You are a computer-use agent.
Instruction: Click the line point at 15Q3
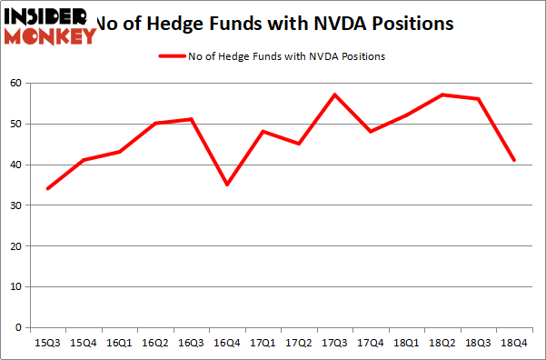[x=47, y=188]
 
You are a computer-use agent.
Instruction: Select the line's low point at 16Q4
[x=226, y=185]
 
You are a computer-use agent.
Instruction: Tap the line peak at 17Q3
[x=334, y=95]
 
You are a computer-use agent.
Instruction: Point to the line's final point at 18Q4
[x=513, y=160]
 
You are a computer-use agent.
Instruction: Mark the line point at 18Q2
[x=442, y=95]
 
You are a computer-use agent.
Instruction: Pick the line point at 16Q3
[x=191, y=119]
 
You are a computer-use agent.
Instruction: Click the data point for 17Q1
[x=263, y=131]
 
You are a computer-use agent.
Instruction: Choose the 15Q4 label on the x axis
[x=84, y=344]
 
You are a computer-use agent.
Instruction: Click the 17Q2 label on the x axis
[x=298, y=344]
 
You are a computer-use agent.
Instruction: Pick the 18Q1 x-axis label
[x=405, y=344]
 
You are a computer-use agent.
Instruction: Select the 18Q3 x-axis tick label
[x=477, y=344]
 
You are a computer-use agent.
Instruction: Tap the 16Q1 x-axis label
[x=119, y=344]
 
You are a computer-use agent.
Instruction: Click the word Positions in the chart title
[x=412, y=23]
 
